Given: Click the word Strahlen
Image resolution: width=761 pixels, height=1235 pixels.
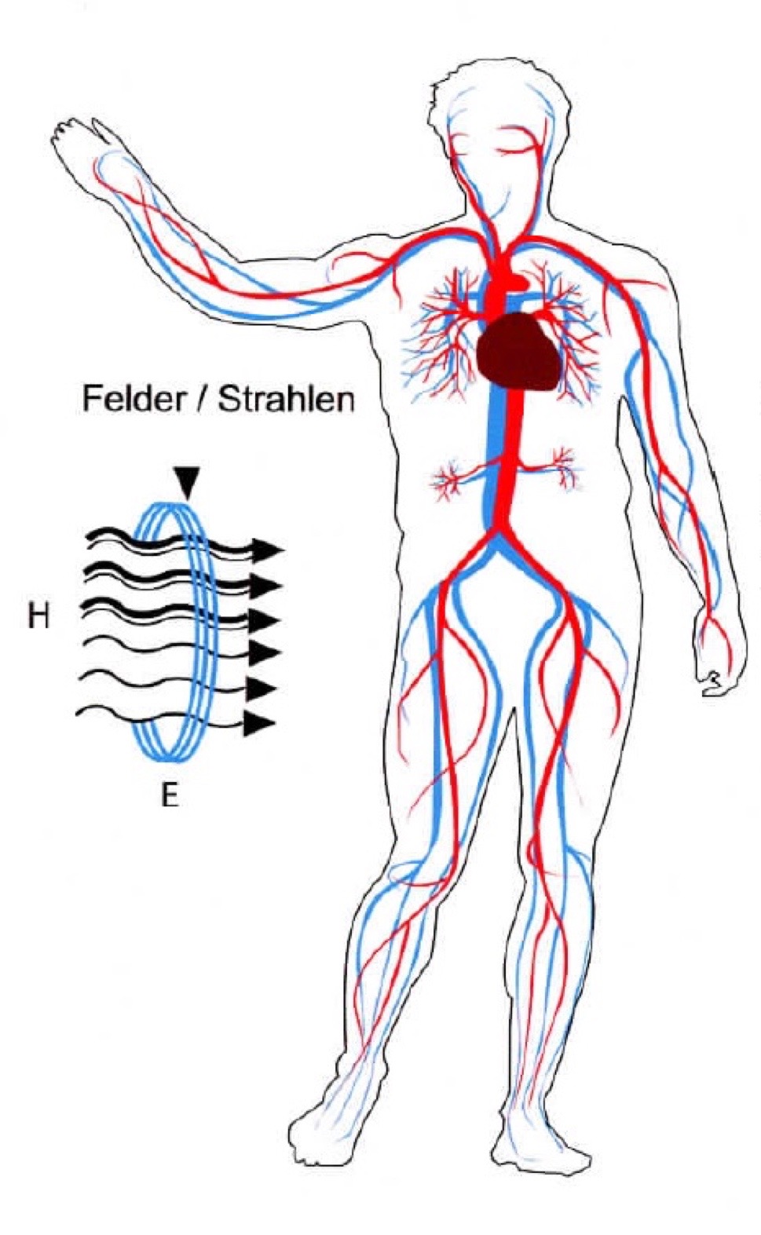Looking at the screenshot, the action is click(286, 398).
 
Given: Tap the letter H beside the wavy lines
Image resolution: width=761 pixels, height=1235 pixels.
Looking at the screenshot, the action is click(38, 616).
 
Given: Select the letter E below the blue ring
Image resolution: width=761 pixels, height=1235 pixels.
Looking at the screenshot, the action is click(170, 795).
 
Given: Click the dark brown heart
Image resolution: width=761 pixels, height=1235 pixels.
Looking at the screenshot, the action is click(518, 352).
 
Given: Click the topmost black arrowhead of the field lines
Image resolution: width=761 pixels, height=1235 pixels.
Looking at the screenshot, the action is click(266, 550).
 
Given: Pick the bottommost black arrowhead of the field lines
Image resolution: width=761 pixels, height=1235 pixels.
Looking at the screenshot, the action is click(258, 723).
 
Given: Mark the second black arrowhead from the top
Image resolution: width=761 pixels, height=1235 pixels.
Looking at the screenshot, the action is click(265, 586).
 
